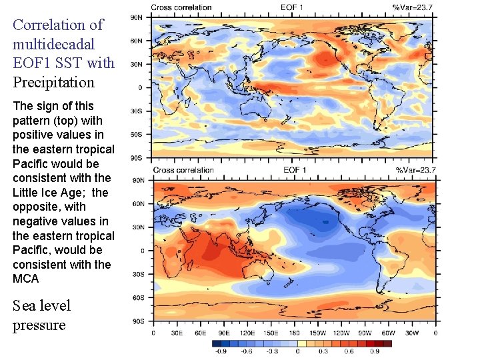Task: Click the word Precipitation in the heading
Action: click(x=53, y=83)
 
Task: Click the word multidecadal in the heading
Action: click(x=53, y=44)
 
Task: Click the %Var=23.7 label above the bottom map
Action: click(x=414, y=170)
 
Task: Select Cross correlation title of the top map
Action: click(x=182, y=7)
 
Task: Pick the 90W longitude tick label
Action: click(x=365, y=333)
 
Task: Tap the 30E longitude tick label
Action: click(x=177, y=333)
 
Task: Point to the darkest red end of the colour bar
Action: click(x=387, y=344)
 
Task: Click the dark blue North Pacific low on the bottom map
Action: click(x=325, y=220)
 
